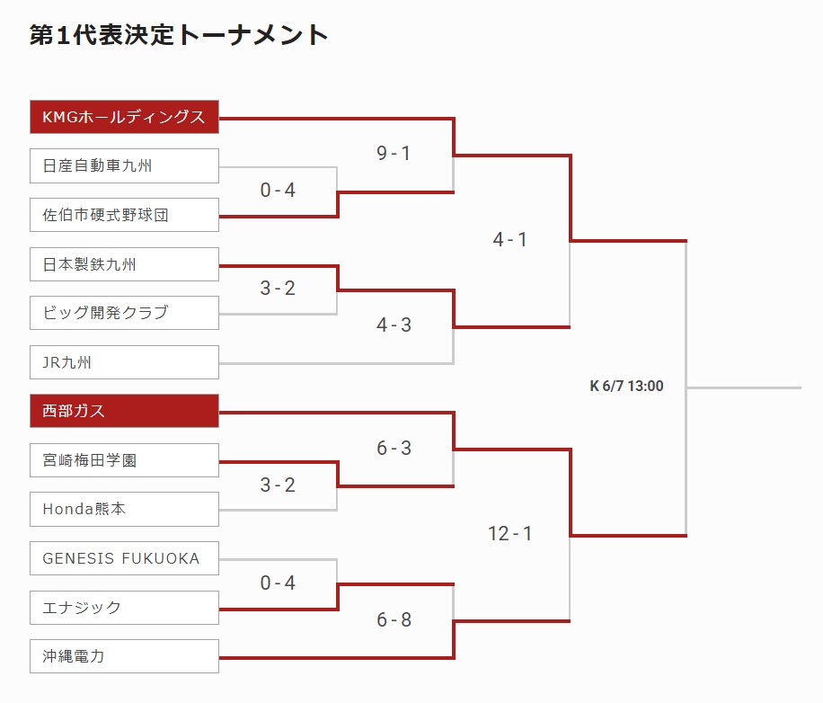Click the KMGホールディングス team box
pyautogui.click(x=124, y=117)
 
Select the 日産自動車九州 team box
pyautogui.click(x=124, y=166)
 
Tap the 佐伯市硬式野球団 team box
pyautogui.click(x=124, y=215)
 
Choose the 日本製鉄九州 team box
pyautogui.click(x=124, y=264)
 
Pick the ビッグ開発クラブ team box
pyautogui.click(x=124, y=313)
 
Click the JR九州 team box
pyautogui.click(x=124, y=362)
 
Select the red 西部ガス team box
pyautogui.click(x=124, y=411)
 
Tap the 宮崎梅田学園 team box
pyautogui.click(x=124, y=460)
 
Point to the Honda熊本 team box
pyautogui.click(x=124, y=509)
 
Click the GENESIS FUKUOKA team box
pyautogui.click(x=124, y=558)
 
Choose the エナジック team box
pyautogui.click(x=124, y=608)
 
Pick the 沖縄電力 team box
pyautogui.click(x=124, y=656)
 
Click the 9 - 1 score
pyautogui.click(x=394, y=153)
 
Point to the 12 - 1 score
pyautogui.click(x=510, y=533)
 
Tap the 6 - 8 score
pyautogui.click(x=394, y=619)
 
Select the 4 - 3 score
pyautogui.click(x=394, y=325)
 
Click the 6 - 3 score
pyautogui.click(x=394, y=448)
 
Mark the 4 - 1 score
pyautogui.click(x=510, y=239)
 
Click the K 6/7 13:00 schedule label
pyautogui.click(x=627, y=386)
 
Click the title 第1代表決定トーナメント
pyautogui.click(x=179, y=35)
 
